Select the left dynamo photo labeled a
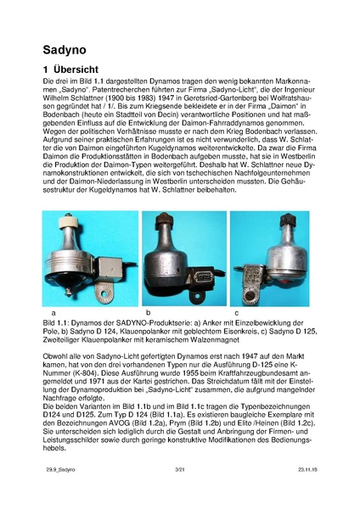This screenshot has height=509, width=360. (89, 259)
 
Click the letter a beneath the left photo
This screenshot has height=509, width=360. (53, 314)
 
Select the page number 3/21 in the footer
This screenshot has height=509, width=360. (179, 491)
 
